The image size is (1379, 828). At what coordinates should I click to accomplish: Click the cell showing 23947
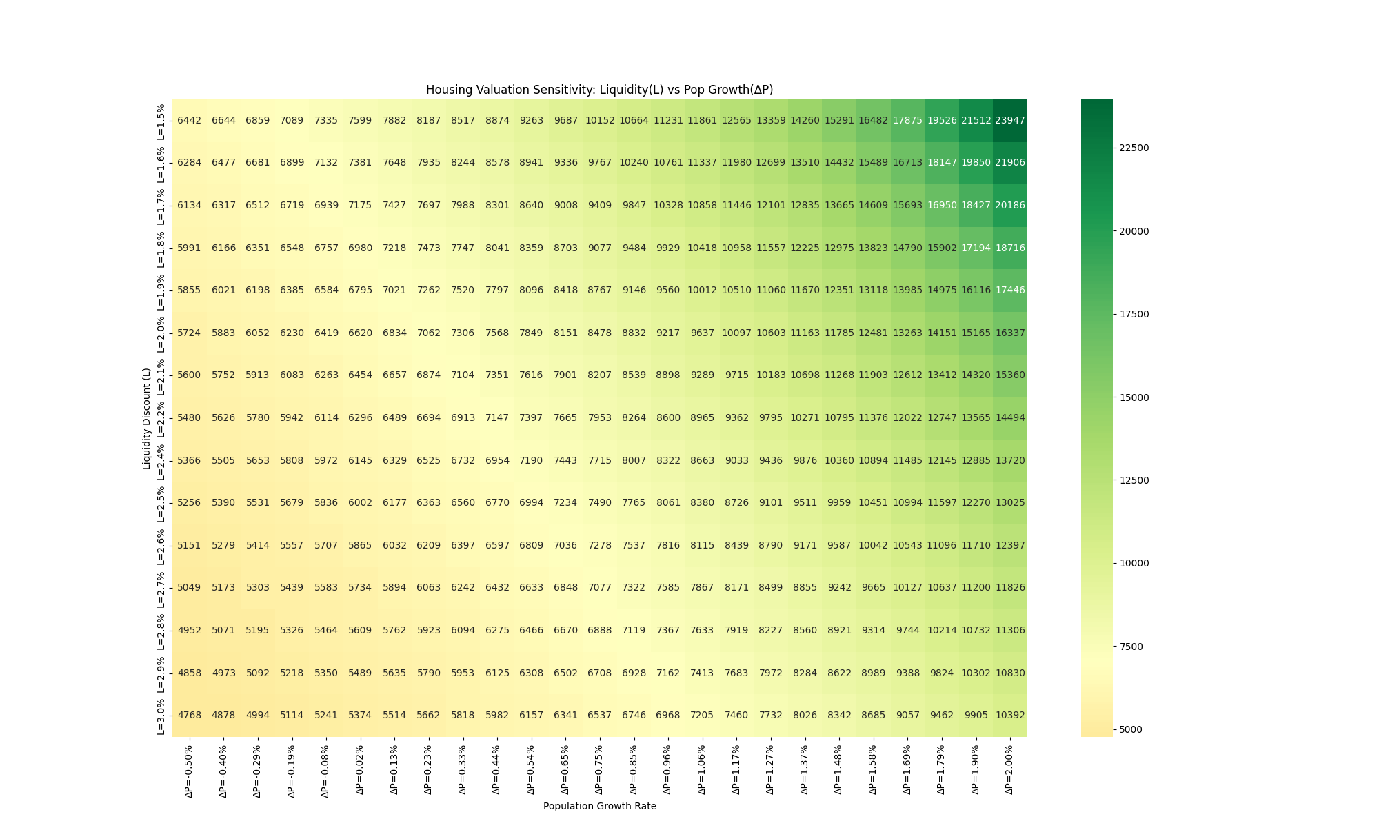click(x=1009, y=120)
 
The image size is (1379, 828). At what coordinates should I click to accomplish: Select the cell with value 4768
click(x=189, y=715)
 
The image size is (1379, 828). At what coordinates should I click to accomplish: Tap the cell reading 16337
click(x=1009, y=333)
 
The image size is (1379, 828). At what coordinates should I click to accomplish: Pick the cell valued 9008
click(x=565, y=205)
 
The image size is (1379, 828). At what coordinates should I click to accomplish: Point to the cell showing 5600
click(x=189, y=375)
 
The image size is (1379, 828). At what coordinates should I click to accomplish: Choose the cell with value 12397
click(x=1009, y=545)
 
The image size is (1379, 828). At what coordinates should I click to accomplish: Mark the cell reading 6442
click(x=189, y=120)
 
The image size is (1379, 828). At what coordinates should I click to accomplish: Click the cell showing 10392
click(x=1009, y=715)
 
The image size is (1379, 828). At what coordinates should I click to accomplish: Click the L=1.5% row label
click(x=161, y=121)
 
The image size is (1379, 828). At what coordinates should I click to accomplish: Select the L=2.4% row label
click(x=161, y=461)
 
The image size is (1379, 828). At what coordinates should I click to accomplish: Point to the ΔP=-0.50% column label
click(x=189, y=771)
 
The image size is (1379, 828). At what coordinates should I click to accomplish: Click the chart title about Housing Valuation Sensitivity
click(x=599, y=90)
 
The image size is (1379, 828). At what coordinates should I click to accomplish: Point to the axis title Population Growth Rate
click(x=599, y=806)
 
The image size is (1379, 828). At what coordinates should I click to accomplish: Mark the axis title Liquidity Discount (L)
click(x=147, y=418)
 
